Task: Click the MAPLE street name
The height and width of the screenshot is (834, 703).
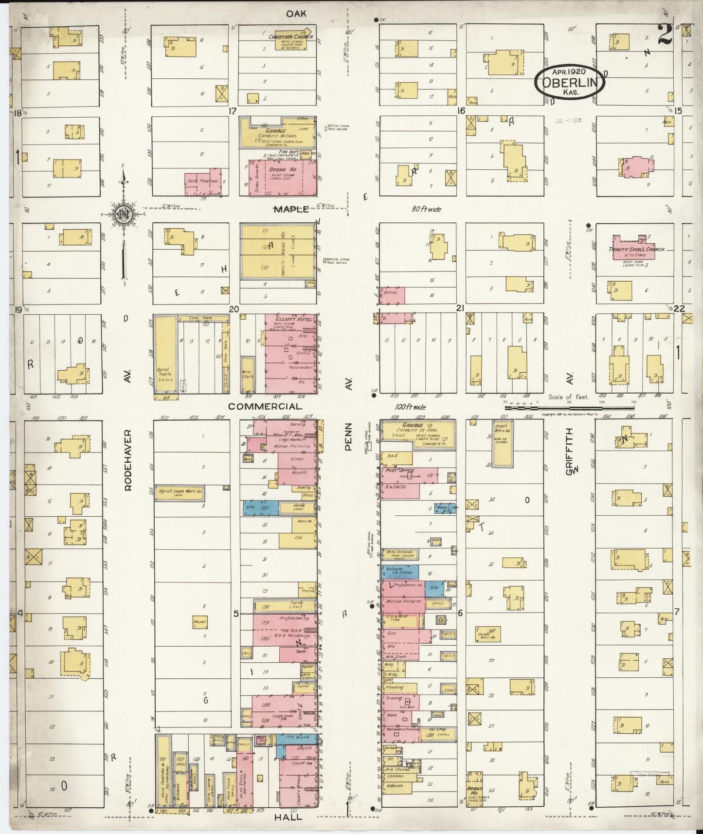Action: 291,209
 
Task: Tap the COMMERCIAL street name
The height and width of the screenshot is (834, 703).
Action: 265,406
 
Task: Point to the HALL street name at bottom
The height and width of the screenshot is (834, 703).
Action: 288,816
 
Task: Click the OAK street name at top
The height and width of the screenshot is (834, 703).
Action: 296,14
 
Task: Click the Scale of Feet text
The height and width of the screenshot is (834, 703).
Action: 568,397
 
